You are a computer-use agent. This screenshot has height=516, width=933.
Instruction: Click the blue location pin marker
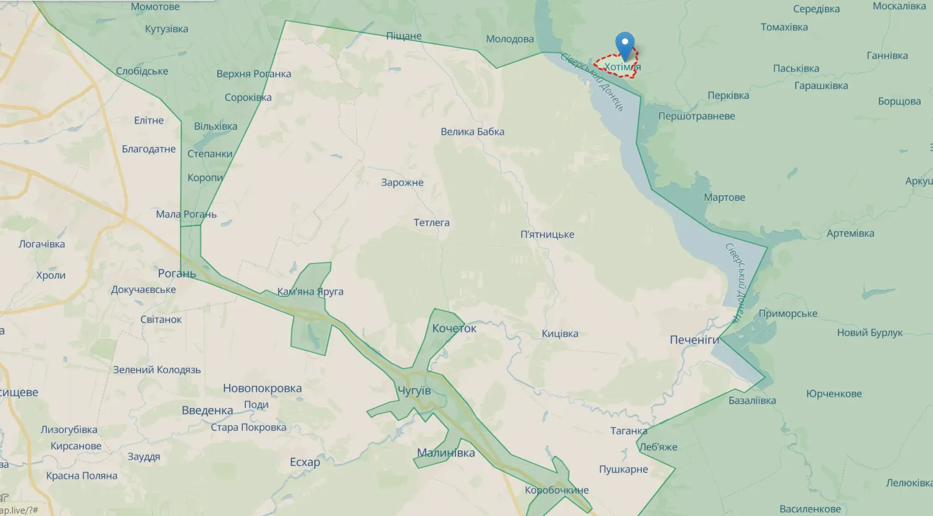click(x=625, y=45)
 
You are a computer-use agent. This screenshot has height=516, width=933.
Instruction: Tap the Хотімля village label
click(x=622, y=67)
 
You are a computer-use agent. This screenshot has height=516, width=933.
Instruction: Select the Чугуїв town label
click(x=414, y=391)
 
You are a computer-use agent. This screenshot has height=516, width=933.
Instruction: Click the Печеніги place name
click(x=694, y=340)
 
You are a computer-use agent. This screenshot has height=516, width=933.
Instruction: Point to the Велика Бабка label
click(x=472, y=132)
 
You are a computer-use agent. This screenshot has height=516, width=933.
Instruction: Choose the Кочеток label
click(x=454, y=328)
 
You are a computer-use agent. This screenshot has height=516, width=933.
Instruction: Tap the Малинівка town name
click(x=445, y=453)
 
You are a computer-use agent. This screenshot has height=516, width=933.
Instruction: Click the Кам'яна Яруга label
click(x=310, y=292)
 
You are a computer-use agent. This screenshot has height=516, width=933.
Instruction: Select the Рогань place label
click(x=177, y=273)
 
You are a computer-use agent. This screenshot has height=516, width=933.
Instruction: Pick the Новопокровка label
click(x=262, y=388)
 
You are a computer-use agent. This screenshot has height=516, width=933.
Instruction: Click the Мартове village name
click(x=724, y=198)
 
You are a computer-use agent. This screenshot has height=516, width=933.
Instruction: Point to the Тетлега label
click(x=431, y=222)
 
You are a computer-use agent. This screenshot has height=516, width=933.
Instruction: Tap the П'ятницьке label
click(x=547, y=234)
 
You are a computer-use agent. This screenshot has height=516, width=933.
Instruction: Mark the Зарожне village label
click(x=402, y=182)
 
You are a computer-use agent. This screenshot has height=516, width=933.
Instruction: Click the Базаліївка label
click(x=752, y=400)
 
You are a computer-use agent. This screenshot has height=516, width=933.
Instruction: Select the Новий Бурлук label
click(x=869, y=333)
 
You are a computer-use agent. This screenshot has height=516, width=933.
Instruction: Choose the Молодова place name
click(x=510, y=39)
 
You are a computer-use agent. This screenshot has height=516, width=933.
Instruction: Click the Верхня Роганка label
click(x=253, y=74)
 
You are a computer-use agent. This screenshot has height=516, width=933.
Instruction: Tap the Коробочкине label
click(x=557, y=490)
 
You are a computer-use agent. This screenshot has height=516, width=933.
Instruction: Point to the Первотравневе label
click(x=696, y=116)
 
